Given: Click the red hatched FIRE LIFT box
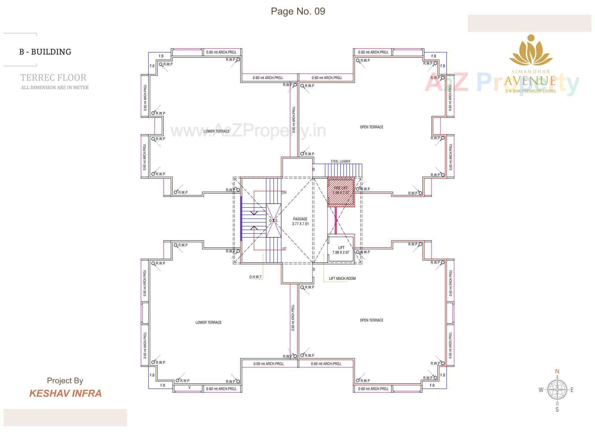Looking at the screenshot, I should pos(341,192).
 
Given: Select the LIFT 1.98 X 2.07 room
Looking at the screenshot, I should pos(341,250).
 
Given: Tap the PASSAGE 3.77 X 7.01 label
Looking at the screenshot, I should pos(300,221).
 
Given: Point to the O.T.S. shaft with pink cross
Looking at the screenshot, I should pos(273,221).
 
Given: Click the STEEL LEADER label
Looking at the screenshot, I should pos(340,161).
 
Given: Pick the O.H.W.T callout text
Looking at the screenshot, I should pos(255,277).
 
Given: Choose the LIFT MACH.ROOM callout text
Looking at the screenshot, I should pos(342,279).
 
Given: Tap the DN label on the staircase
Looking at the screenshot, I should pos(284,193).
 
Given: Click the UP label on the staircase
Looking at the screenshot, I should pos(284,249).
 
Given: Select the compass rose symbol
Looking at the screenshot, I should pos(557,390).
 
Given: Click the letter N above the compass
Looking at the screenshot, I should pos(557,371).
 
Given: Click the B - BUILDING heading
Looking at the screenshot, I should pos(45,52).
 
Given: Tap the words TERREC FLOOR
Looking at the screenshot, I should pos(53,77).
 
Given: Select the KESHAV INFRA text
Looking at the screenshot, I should pos(65,393).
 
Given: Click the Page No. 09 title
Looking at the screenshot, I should pos(298,11).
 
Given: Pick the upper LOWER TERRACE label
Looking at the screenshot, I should pos(216,131).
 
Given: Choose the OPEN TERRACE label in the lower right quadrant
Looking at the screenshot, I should pos(371,320).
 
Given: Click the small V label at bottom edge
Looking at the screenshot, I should pos(189,388).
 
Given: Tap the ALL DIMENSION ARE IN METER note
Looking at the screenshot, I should pos(55,88).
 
